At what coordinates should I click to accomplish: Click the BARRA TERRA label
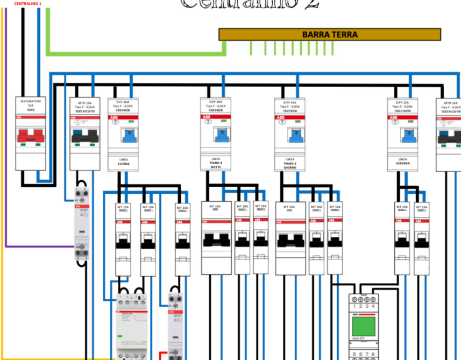[330, 34]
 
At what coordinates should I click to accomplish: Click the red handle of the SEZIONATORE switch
[30, 136]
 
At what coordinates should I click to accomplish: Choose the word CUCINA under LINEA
[123, 164]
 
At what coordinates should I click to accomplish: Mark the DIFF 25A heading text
[402, 101]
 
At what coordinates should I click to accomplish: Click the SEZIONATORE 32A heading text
[30, 103]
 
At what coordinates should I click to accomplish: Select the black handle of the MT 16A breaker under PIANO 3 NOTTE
[216, 239]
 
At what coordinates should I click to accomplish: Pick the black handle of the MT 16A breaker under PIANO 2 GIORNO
[290, 239]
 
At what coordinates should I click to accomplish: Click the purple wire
[38, 246]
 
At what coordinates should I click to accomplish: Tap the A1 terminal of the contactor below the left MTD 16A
[77, 200]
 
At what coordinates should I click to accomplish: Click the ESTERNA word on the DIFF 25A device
[402, 164]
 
